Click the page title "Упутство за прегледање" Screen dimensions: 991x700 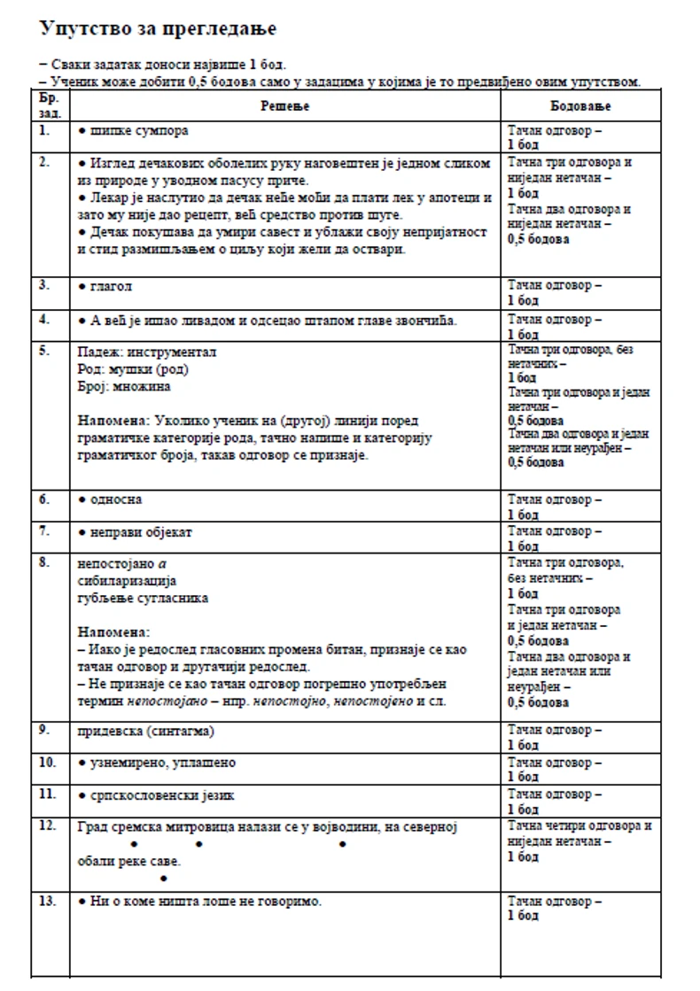pos(158,29)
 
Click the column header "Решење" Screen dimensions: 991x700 pos(285,106)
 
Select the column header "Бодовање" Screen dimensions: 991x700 pos(580,106)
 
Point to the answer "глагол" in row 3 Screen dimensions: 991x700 pos(112,287)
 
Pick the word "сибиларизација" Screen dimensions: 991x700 pos(127,581)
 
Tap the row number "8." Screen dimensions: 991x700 pos(44,563)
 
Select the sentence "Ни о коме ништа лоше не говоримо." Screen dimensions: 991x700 pos(206,902)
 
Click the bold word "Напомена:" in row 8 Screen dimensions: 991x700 pos(113,632)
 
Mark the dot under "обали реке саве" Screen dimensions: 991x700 pos(163,879)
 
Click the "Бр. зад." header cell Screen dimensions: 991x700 pos(50,106)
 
